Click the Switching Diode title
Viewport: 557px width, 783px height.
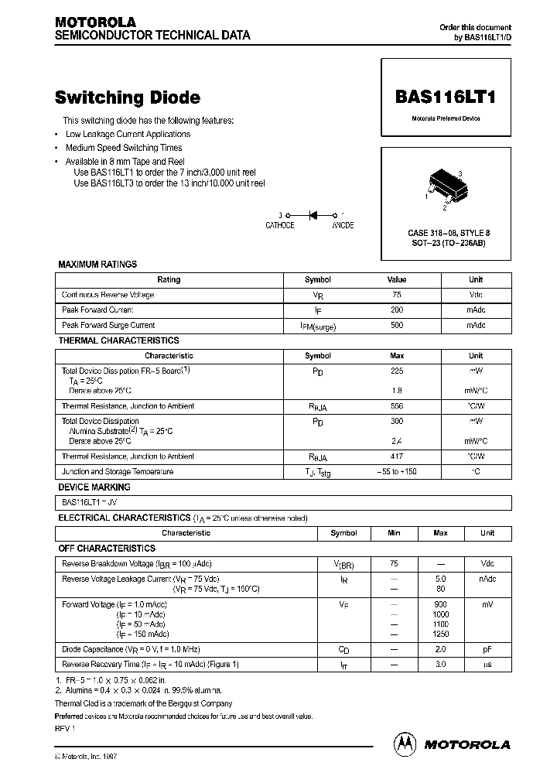pos(128,97)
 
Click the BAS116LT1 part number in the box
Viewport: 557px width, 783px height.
pos(445,97)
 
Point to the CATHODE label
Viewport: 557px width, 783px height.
pos(280,225)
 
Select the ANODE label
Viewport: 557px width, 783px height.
pos(343,225)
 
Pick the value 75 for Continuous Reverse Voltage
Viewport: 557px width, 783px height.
pos(396,295)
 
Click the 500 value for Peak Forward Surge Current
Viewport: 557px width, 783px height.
pos(396,326)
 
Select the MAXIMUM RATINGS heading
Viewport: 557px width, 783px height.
pos(97,265)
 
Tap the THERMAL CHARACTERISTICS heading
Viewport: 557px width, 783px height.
pos(118,340)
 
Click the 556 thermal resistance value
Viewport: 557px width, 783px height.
pos(396,406)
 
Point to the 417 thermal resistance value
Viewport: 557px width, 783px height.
pos(396,456)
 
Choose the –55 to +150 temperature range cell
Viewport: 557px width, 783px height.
pos(396,472)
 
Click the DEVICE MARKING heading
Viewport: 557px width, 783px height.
pos(94,487)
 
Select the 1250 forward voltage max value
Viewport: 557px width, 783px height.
pos(440,634)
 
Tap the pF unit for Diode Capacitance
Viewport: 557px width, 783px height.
pos(487,649)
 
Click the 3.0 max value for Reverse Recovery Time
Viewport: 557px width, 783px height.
pos(440,664)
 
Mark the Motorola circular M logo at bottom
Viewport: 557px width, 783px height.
pos(405,744)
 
